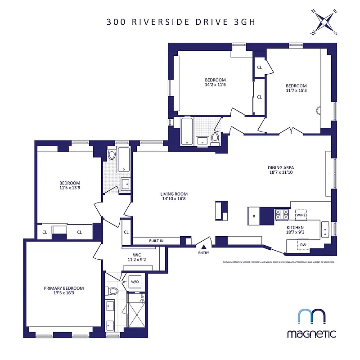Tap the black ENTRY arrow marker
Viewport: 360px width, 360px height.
pos(203,247)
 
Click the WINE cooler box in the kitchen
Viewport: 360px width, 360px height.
pos(301,214)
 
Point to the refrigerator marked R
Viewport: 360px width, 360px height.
pos(254,216)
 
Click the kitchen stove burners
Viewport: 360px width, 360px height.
pos(282,215)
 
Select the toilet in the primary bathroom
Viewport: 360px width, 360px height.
pos(112,291)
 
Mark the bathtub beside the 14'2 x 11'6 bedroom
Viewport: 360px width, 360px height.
pos(187,131)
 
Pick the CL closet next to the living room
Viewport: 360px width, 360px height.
pos(126,232)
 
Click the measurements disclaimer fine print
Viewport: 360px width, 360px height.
pos(278,262)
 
